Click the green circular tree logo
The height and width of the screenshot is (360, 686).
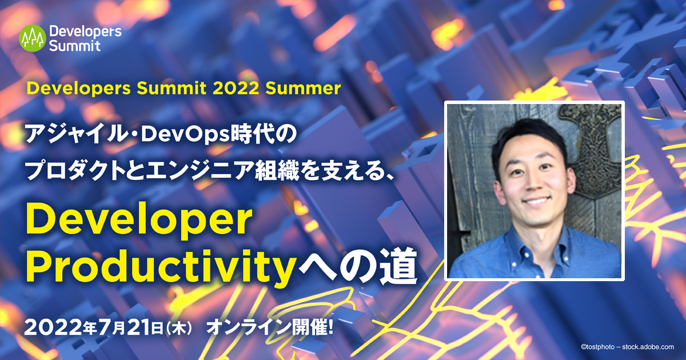(33, 38)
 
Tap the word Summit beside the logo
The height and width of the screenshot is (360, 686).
(74, 46)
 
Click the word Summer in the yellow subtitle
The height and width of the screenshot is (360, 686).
(303, 89)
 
